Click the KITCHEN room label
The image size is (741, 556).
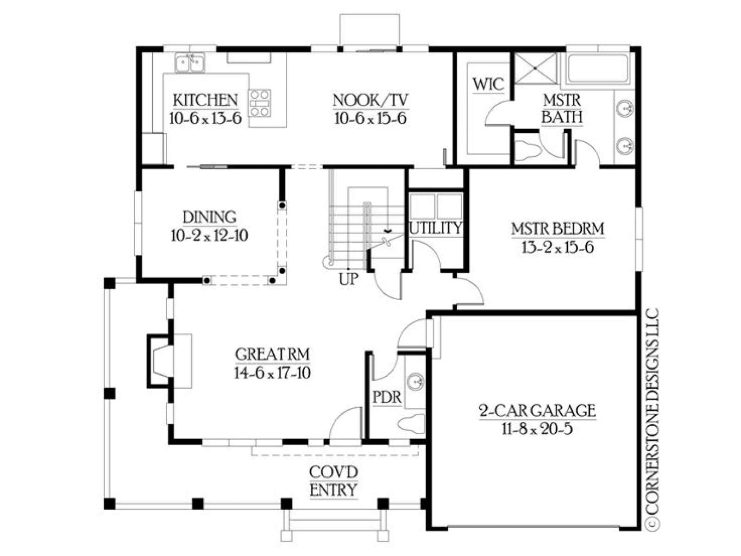[x=205, y=100]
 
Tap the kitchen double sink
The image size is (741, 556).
[x=190, y=63]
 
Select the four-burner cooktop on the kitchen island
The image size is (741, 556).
[x=260, y=103]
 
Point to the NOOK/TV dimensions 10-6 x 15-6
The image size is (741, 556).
[x=370, y=119]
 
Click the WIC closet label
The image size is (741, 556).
[x=488, y=84]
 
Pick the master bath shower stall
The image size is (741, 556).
[x=536, y=68]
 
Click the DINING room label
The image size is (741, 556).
[x=209, y=217]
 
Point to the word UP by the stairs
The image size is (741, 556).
[x=348, y=279]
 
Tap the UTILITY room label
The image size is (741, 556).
[x=435, y=228]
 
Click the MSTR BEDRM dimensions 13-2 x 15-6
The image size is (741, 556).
[x=558, y=248]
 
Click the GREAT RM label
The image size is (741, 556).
[x=272, y=354]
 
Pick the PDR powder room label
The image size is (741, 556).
[x=387, y=398]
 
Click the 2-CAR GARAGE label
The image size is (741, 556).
[x=537, y=411]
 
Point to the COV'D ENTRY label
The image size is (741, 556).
[x=333, y=481]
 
